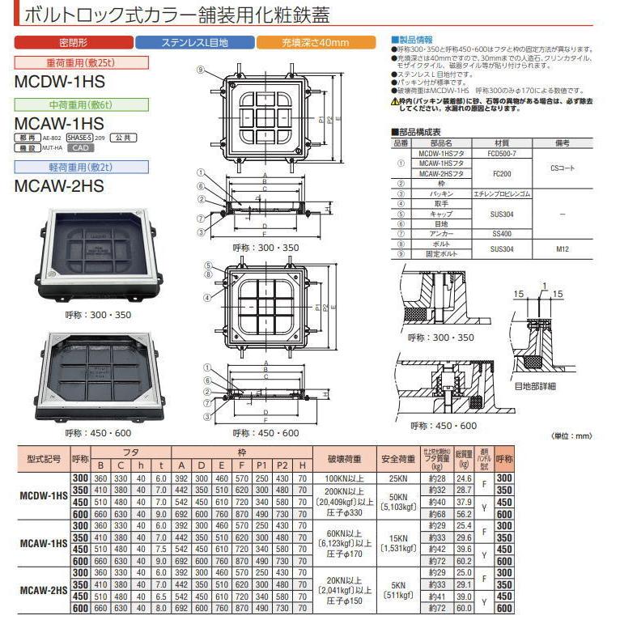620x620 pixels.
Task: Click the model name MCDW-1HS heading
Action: click(60, 81)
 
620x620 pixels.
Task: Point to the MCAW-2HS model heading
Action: click(60, 185)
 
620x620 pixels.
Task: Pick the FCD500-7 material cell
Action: click(501, 152)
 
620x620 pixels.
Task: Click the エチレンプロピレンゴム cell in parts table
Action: click(501, 195)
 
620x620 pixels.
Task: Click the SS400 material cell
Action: click(501, 231)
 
